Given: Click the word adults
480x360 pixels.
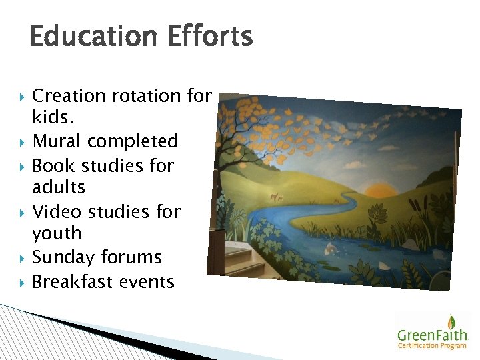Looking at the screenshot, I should (x=59, y=187).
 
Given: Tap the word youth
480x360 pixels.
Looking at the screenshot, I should (x=57, y=234).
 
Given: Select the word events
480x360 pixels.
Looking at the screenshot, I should (x=147, y=282).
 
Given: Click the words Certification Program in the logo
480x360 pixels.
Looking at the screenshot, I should (x=433, y=345).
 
